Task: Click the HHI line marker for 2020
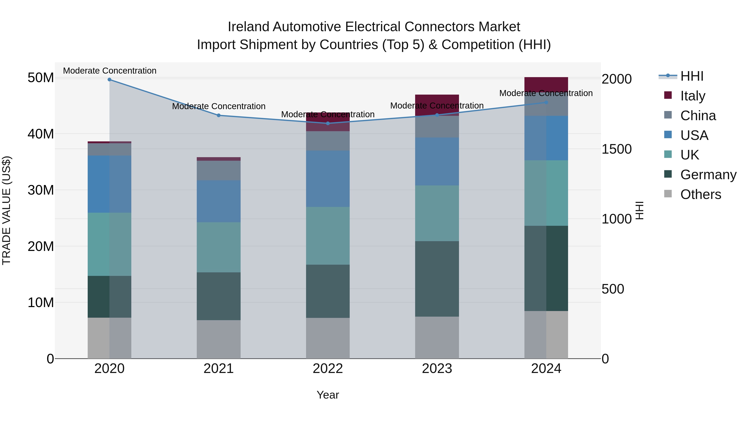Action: [109, 80]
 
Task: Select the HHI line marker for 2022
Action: [328, 123]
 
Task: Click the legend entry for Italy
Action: [693, 96]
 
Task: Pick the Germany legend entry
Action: [708, 175]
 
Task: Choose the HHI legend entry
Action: [692, 76]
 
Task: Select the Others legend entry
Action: [700, 194]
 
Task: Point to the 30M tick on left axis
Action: [41, 190]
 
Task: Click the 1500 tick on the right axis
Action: [616, 149]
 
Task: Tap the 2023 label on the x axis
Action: [437, 369]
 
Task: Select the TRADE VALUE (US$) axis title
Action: [6, 210]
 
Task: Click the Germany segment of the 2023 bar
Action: [437, 279]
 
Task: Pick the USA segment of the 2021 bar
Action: [219, 201]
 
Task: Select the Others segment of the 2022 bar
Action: [328, 338]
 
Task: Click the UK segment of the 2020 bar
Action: [109, 244]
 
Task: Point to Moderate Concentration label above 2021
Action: [219, 106]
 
